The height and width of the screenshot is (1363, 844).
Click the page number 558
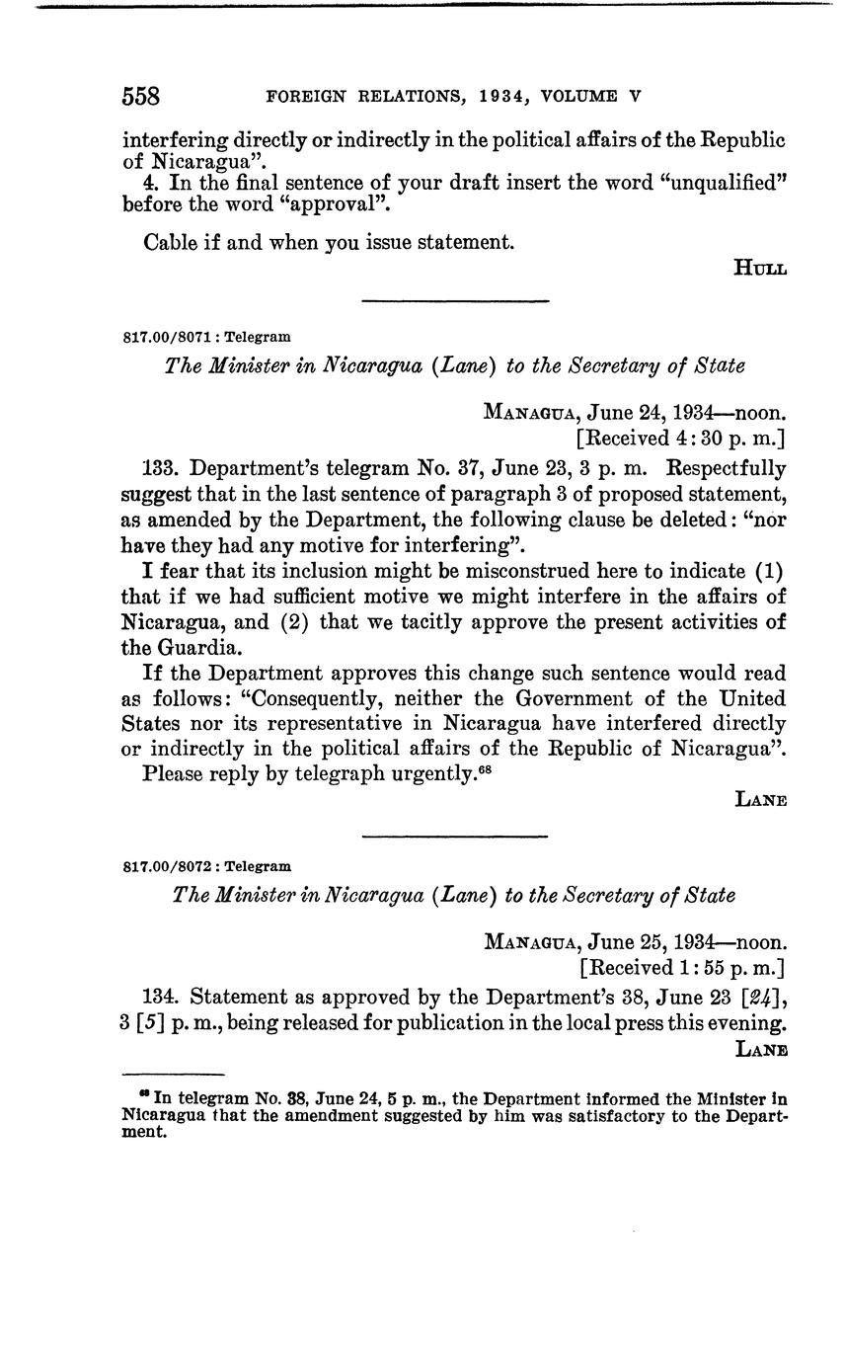[x=140, y=96]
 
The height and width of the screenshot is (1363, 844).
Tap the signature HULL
[x=760, y=268]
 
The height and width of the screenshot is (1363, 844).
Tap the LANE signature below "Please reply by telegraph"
[x=761, y=800]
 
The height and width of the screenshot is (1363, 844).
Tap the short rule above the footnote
[x=174, y=1075]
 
